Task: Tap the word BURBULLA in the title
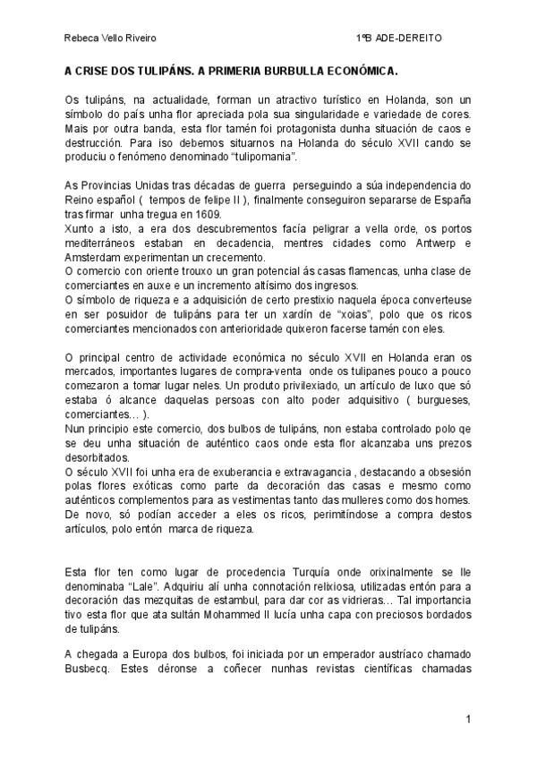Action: tap(295, 69)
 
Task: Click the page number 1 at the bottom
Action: tap(468, 720)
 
